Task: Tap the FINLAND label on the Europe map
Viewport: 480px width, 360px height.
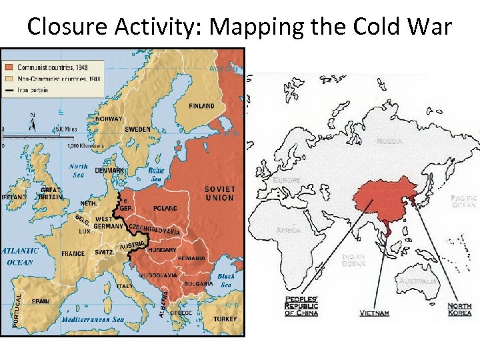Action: pyautogui.click(x=201, y=105)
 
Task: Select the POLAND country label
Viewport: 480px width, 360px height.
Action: pyautogui.click(x=165, y=208)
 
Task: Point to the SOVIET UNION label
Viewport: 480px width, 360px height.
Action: pyautogui.click(x=219, y=193)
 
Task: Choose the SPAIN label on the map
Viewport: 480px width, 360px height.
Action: pyautogui.click(x=40, y=301)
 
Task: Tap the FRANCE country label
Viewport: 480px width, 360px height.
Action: pyautogui.click(x=73, y=253)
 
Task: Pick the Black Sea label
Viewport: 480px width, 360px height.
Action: pyautogui.click(x=226, y=280)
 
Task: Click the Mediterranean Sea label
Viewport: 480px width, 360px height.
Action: pyautogui.click(x=93, y=319)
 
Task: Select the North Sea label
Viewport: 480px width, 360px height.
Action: pyautogui.click(x=79, y=171)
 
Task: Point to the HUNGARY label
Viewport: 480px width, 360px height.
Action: pyautogui.click(x=162, y=250)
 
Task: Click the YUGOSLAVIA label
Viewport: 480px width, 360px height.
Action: pyautogui.click(x=158, y=275)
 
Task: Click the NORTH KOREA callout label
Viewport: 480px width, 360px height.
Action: pyautogui.click(x=459, y=309)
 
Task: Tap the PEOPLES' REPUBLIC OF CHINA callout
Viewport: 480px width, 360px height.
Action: pyautogui.click(x=301, y=306)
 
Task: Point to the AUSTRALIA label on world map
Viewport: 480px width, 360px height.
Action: pyautogui.click(x=419, y=281)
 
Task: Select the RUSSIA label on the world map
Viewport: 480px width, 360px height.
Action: pyautogui.click(x=389, y=141)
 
